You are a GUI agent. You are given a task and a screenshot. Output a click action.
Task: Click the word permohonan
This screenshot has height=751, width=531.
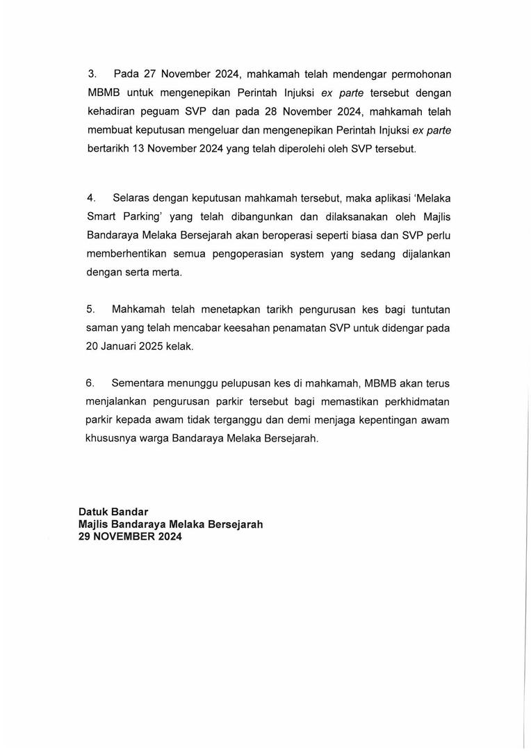(x=416, y=74)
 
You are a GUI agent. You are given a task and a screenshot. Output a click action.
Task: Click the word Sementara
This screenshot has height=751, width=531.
(x=140, y=383)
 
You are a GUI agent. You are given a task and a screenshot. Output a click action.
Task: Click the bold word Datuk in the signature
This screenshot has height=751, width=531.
(x=95, y=513)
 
